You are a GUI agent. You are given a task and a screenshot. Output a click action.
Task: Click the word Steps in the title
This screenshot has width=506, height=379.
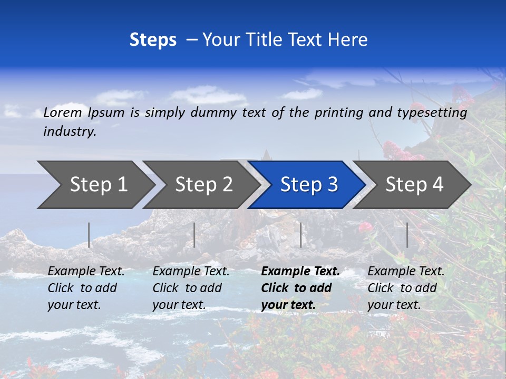point(153,40)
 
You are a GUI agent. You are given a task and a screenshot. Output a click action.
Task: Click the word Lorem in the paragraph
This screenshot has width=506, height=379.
point(62,113)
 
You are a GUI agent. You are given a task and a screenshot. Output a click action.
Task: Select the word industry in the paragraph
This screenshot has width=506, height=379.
point(70,132)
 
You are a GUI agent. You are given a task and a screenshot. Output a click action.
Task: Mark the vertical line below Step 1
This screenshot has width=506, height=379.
point(89,235)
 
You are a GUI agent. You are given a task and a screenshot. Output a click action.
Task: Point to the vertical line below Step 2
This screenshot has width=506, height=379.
point(194,235)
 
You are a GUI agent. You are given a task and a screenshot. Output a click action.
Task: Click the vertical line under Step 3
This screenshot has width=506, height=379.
point(301,235)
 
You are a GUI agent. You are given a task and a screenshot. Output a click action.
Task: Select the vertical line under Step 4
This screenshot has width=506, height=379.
point(407,235)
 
